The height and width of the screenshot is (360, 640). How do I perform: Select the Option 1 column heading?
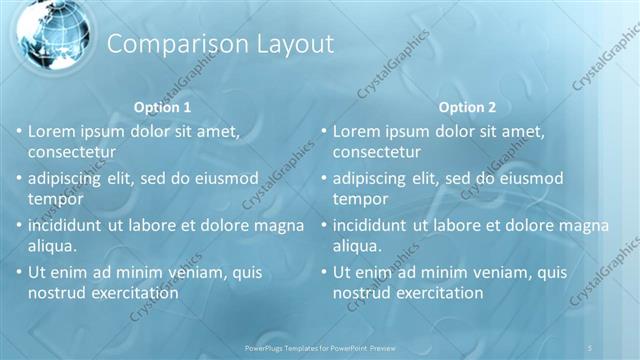tap(162, 107)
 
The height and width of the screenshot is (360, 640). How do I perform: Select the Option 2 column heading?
tap(467, 107)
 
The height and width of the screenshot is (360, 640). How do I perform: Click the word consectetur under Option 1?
tap(72, 152)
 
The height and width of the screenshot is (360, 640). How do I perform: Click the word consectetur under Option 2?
tap(377, 152)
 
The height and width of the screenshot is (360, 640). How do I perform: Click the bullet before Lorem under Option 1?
tap(18, 131)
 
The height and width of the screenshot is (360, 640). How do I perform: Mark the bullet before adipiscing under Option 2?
tap(323, 178)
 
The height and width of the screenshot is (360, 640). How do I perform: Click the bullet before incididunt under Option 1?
tap(18, 225)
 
